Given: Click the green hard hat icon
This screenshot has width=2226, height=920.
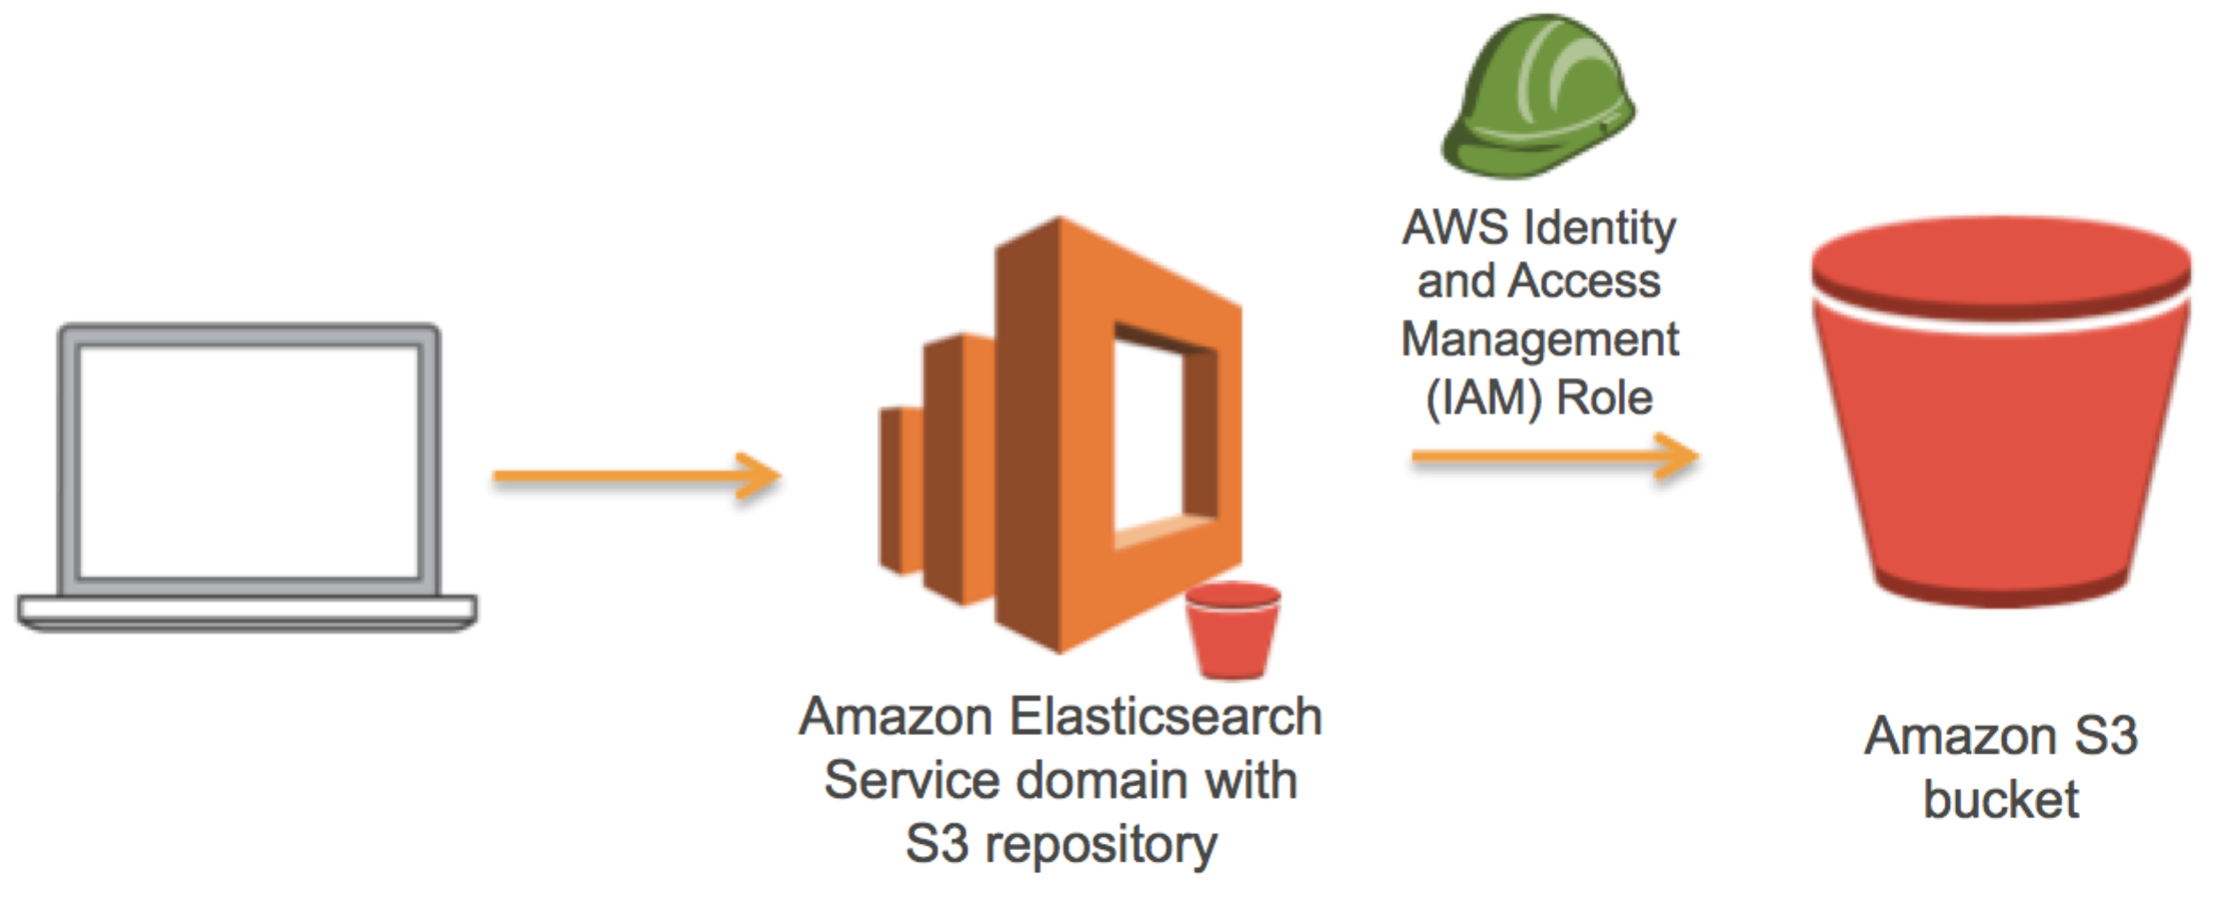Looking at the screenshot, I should pyautogui.click(x=1538, y=97).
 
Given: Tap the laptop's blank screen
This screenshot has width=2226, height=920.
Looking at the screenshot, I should pyautogui.click(x=249, y=462).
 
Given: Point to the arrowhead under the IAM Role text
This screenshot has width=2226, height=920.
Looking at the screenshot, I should pyautogui.click(x=1675, y=457).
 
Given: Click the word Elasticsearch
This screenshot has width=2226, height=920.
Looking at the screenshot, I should pyautogui.click(x=1165, y=717).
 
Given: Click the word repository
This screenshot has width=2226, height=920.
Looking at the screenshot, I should pyautogui.click(x=1101, y=844).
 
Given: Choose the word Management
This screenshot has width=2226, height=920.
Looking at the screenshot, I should pyautogui.click(x=1539, y=339).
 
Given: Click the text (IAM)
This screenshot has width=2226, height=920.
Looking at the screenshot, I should pyautogui.click(x=1484, y=397).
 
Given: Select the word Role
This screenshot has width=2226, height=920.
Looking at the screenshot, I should pyautogui.click(x=1604, y=397).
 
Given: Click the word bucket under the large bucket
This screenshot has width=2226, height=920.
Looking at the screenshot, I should pyautogui.click(x=2000, y=800).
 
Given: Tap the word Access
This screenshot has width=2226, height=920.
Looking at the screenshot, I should pyautogui.click(x=1584, y=281).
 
